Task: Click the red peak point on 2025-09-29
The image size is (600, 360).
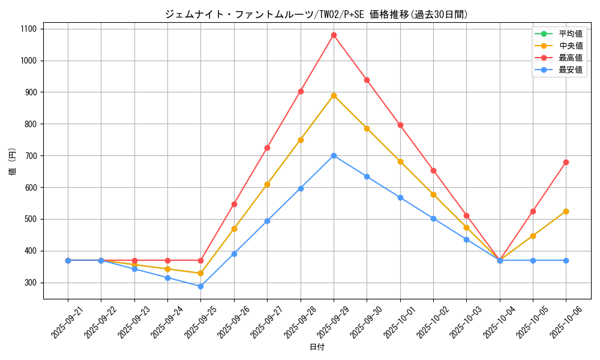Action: (x=334, y=35)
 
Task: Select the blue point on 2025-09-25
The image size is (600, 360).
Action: (x=201, y=286)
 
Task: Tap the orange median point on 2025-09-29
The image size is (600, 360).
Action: (x=334, y=95)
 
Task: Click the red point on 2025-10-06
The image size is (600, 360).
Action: (x=566, y=162)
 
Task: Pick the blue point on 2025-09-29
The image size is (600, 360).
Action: (x=334, y=155)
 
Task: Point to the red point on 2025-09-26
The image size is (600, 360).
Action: (x=234, y=204)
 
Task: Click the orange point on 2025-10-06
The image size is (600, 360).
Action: (x=566, y=211)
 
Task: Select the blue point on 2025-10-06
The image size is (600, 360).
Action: (x=566, y=260)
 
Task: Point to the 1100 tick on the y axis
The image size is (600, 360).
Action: (x=28, y=29)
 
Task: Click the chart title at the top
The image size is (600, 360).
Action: (x=316, y=14)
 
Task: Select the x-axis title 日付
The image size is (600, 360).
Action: (x=317, y=347)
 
